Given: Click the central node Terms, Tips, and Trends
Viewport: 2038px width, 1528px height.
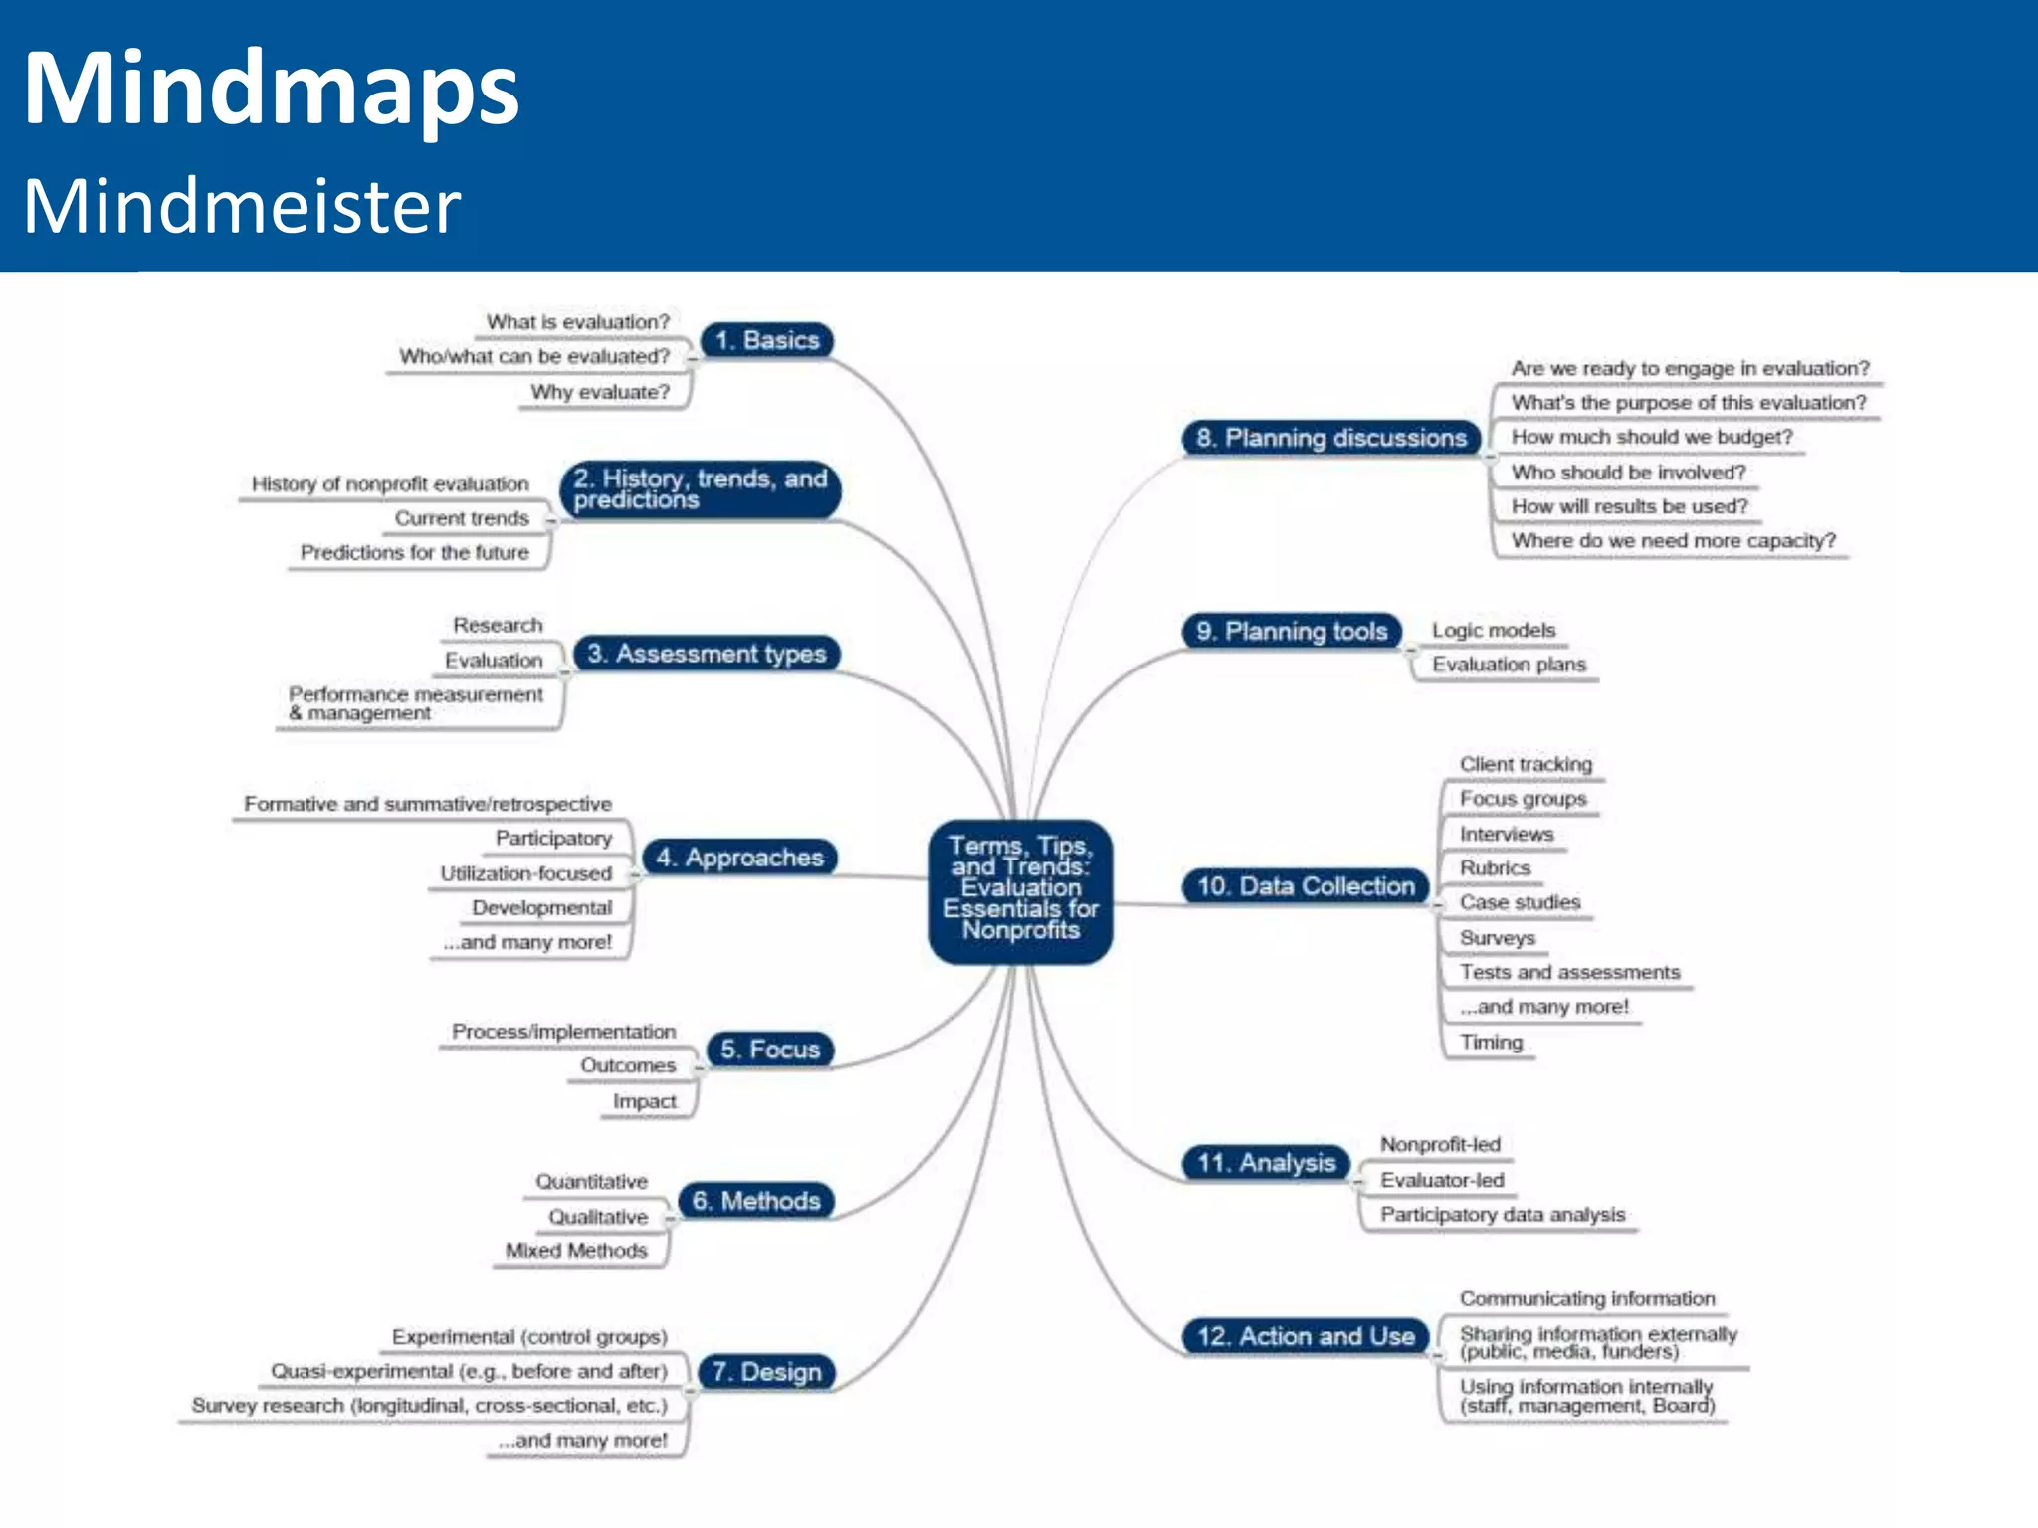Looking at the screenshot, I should (x=1020, y=888).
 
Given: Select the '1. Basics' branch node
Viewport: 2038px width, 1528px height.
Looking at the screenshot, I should (x=766, y=340).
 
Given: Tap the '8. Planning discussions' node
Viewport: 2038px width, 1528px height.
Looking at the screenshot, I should (x=1330, y=438).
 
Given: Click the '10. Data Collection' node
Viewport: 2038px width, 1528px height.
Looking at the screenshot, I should (x=1305, y=885).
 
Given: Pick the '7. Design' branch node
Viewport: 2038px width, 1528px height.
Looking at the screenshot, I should (x=766, y=1372).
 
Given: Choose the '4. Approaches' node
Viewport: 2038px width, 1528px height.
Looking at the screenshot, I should (x=739, y=858).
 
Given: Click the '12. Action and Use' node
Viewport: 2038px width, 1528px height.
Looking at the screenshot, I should (x=1305, y=1335).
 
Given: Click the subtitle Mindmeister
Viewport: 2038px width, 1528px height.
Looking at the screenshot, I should (x=242, y=206).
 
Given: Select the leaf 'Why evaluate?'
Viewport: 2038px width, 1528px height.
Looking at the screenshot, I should (x=600, y=392).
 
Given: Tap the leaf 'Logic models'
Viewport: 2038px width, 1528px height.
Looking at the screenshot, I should (x=1493, y=630).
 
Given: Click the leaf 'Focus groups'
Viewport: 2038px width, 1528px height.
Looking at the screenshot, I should (x=1523, y=799).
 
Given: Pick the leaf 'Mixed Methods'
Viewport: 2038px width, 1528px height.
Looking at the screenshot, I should (x=576, y=1250).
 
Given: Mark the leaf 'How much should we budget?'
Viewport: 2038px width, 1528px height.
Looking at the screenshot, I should (x=1651, y=437).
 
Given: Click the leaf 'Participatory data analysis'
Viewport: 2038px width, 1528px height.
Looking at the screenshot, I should (x=1502, y=1214).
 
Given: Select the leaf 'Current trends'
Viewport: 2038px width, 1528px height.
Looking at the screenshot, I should (x=462, y=518).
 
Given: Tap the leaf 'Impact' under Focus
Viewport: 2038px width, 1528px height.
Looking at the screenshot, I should (x=644, y=1101).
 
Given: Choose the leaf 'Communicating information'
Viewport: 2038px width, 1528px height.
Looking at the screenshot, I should (x=1587, y=1298).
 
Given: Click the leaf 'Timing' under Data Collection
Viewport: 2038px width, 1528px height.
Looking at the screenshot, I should (x=1491, y=1042).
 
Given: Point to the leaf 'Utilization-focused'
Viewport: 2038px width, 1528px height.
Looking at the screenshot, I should (x=525, y=873).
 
